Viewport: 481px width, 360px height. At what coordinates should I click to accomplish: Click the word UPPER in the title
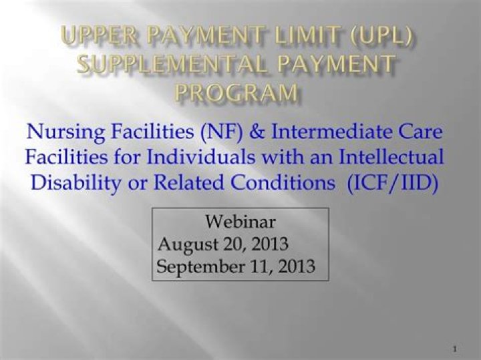tap(96, 35)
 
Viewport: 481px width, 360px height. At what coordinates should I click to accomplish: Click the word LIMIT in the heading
tap(305, 35)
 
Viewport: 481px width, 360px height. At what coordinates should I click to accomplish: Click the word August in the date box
tap(186, 244)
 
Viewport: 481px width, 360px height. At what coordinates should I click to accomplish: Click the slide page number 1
tap(454, 349)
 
